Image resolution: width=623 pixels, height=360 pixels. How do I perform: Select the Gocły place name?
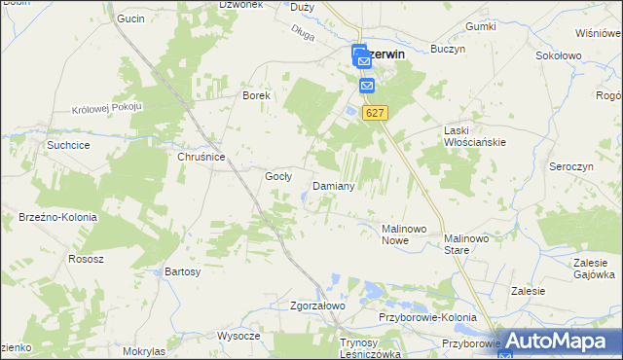279,176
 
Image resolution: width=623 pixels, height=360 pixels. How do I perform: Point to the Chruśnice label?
202,157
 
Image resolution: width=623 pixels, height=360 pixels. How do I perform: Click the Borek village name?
256,96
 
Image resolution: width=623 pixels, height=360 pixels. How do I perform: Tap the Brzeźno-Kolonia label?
56,217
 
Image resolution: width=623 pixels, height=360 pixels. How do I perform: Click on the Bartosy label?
182,270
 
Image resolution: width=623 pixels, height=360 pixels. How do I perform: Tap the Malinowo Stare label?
470,243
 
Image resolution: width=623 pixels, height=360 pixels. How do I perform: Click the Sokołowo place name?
559,56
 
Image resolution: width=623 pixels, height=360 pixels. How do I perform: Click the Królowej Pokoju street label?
107,106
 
